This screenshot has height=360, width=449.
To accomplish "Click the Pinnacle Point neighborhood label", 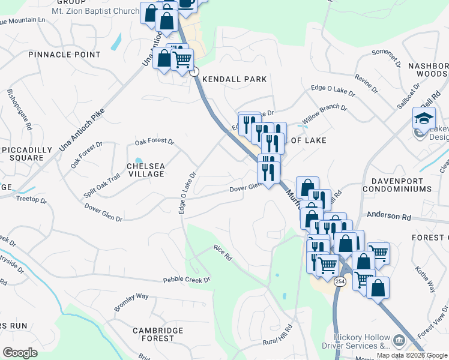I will [x=64, y=55].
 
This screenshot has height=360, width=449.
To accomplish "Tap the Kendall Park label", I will [x=234, y=79].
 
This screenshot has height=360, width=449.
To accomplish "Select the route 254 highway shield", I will [x=339, y=281].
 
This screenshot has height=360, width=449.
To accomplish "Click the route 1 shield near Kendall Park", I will [x=194, y=71].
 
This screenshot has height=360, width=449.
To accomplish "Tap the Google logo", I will [x=20, y=352].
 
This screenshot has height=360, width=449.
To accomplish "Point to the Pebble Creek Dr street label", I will [x=187, y=280].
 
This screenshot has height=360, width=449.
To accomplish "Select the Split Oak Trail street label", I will [x=102, y=185].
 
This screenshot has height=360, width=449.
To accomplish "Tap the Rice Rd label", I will [x=223, y=253].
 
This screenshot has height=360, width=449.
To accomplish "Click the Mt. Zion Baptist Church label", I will [x=95, y=11].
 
